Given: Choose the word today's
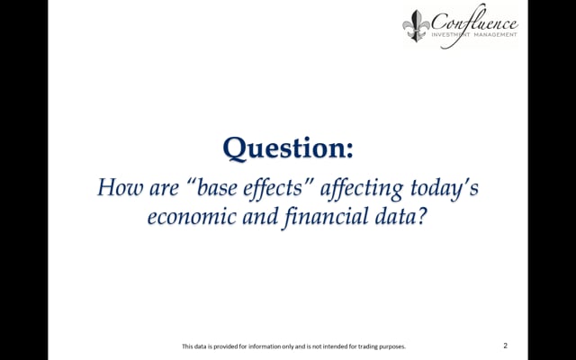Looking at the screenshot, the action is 445,187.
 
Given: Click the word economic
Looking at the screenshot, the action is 192,216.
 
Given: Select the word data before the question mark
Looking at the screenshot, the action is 396,216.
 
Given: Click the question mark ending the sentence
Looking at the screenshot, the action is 423,216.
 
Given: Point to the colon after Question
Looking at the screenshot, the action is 350,150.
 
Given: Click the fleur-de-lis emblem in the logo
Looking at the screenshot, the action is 416,26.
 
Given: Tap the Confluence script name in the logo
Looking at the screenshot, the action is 474,22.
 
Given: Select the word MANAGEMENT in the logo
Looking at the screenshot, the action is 495,35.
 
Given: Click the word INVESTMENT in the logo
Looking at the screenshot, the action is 451,35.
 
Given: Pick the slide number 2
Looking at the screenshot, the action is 506,346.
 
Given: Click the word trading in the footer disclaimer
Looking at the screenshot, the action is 368,346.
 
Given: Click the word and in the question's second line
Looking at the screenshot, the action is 260,216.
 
